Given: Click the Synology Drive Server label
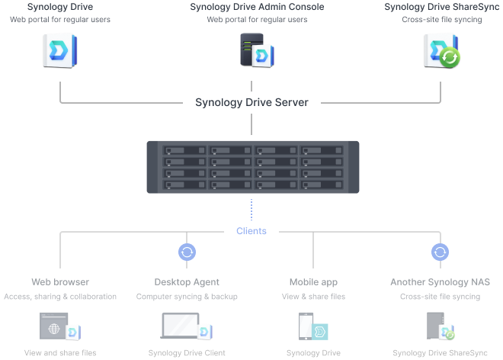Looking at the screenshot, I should point(251,102).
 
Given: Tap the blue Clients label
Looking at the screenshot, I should point(251,231).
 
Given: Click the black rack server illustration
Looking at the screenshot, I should point(252,167).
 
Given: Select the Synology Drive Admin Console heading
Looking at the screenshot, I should point(257,7).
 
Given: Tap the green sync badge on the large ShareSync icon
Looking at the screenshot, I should point(450,58).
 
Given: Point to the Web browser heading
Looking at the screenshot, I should point(60,282).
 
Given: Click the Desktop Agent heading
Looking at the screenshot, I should point(187,282).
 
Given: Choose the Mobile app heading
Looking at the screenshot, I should point(313,282).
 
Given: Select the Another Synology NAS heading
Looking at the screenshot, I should point(440,282).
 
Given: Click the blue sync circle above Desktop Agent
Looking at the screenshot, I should point(187,252).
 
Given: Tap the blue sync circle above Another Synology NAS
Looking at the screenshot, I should point(440,252).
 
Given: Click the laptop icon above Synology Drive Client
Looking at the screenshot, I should point(180,326).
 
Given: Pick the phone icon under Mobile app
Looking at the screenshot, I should point(305,326).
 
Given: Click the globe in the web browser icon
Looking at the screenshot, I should point(54,329).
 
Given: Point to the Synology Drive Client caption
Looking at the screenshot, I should point(187,353).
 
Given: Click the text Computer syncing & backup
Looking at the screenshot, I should point(187,297).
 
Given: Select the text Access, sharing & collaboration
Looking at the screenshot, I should point(60,297).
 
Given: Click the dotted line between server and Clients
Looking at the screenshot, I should point(251,210).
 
